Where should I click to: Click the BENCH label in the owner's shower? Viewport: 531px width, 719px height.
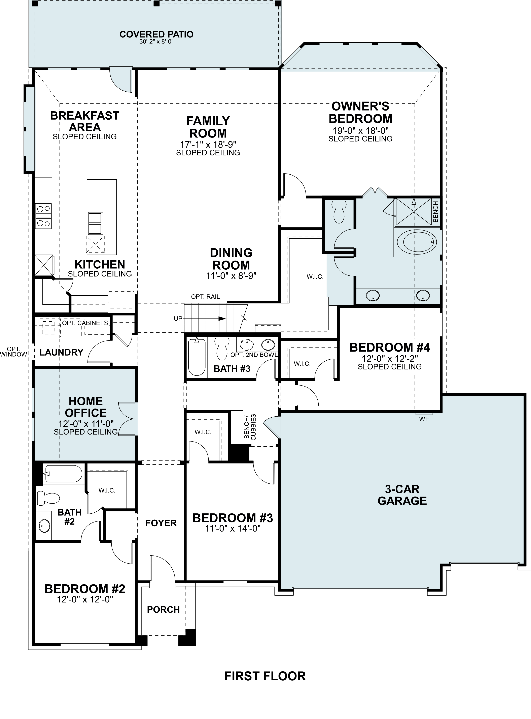(435, 212)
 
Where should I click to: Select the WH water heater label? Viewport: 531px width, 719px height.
(424, 419)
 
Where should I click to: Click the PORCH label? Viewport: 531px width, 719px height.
(163, 609)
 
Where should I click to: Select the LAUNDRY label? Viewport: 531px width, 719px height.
(61, 352)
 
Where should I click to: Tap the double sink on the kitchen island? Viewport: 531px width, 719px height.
(95, 223)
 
